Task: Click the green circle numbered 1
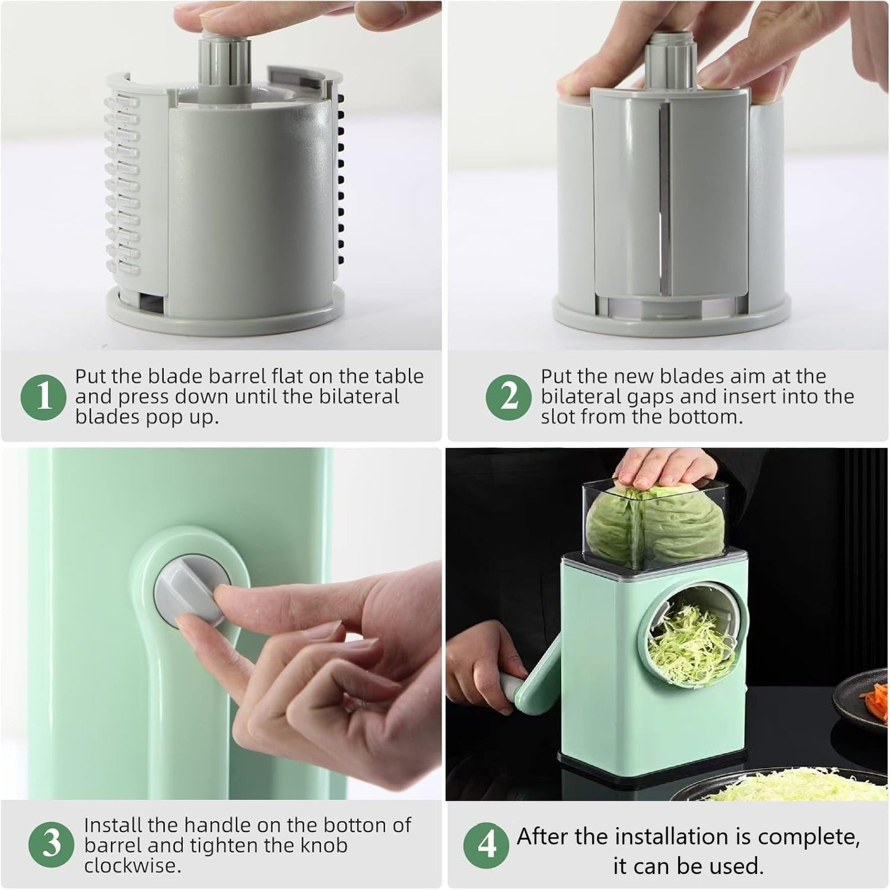pyautogui.click(x=44, y=397)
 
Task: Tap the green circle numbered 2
pyautogui.click(x=509, y=397)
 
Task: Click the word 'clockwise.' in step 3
pyautogui.click(x=132, y=866)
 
